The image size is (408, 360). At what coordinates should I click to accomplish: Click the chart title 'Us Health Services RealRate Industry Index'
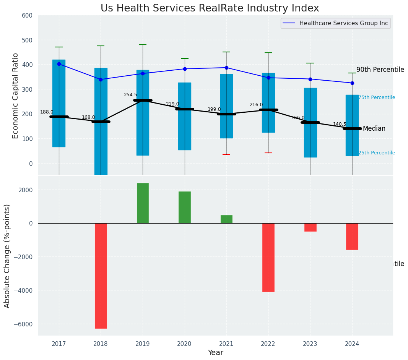(210, 8)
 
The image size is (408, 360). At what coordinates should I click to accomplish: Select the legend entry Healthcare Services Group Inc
(343, 23)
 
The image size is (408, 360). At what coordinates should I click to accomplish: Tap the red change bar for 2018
(101, 276)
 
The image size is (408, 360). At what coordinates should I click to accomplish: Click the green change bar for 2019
(143, 203)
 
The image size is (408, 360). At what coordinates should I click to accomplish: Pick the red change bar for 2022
(268, 257)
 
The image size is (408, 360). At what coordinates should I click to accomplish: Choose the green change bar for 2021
(226, 219)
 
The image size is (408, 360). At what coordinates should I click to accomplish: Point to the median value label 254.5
(130, 95)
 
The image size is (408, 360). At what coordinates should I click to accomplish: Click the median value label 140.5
(340, 124)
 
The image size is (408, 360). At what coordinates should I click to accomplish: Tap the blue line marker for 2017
(59, 64)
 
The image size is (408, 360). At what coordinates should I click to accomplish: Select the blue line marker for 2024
(352, 83)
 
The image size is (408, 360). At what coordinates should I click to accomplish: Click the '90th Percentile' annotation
(380, 70)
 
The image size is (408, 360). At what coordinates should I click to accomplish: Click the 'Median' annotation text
(374, 129)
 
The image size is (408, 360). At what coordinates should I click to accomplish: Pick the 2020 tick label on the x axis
(185, 344)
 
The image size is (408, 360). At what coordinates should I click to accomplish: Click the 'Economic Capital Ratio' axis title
(16, 96)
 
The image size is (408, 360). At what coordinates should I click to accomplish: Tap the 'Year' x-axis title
(216, 353)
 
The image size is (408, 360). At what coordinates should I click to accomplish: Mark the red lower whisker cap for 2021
(226, 154)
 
